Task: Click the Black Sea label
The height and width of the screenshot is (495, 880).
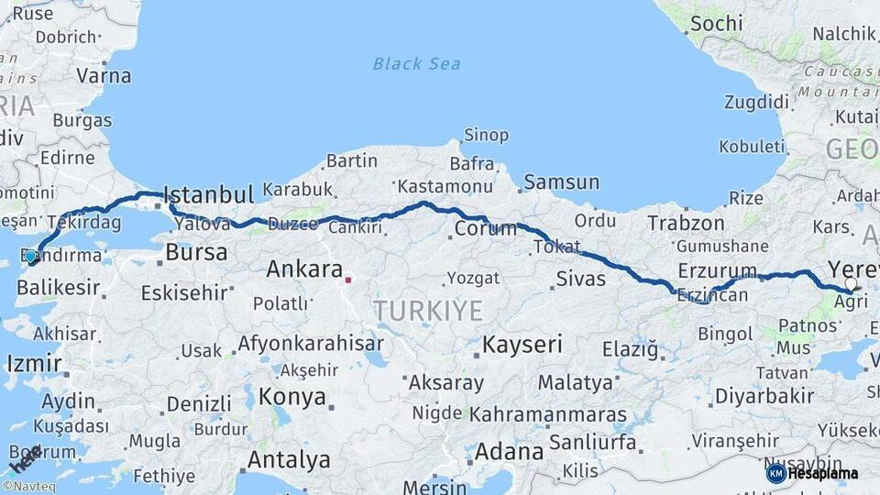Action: pyautogui.click(x=416, y=64)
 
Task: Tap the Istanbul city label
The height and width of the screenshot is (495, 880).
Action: pyautogui.click(x=208, y=194)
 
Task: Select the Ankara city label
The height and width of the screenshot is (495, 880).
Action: pyautogui.click(x=303, y=269)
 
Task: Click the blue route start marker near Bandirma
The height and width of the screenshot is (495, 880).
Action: pyautogui.click(x=30, y=257)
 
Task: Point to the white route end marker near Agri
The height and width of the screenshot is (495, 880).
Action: pyautogui.click(x=851, y=284)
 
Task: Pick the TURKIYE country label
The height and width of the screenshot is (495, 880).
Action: pyautogui.click(x=428, y=311)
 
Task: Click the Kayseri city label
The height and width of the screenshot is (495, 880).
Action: pyautogui.click(x=522, y=345)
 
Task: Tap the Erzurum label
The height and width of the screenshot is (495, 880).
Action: pyautogui.click(x=718, y=270)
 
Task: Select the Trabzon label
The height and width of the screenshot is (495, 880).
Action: pyautogui.click(x=687, y=223)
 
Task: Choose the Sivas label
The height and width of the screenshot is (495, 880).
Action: pyautogui.click(x=580, y=278)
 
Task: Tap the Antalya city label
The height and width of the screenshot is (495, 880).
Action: pyautogui.click(x=289, y=458)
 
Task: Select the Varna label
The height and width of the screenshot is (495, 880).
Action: pyautogui.click(x=104, y=75)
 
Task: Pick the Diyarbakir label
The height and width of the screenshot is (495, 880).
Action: pyautogui.click(x=764, y=396)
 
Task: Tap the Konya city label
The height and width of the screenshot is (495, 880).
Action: pyautogui.click(x=292, y=397)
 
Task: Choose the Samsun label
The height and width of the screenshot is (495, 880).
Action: pyautogui.click(x=561, y=181)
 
